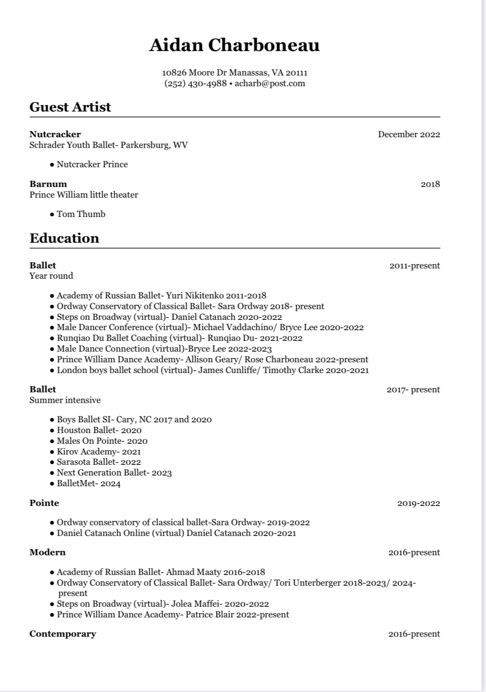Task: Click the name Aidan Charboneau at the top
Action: coord(234,45)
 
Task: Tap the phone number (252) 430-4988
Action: coord(195,83)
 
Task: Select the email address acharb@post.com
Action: coord(270,83)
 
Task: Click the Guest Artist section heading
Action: coord(70,107)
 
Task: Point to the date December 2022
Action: coord(408,134)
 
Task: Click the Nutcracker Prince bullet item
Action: coord(92,164)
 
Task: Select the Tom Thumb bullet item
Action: coord(81,214)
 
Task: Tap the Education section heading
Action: coord(64,238)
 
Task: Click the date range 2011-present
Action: coord(414,265)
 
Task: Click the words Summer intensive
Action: coord(65,400)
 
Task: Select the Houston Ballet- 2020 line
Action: coord(99,430)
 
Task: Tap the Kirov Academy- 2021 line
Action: coord(98,451)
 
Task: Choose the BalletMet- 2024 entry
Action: coord(89,484)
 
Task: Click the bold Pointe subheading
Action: coord(44,503)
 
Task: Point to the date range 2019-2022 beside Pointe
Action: coord(418,503)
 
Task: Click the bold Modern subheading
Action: coord(48,552)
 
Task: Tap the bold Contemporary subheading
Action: coord(63,634)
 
